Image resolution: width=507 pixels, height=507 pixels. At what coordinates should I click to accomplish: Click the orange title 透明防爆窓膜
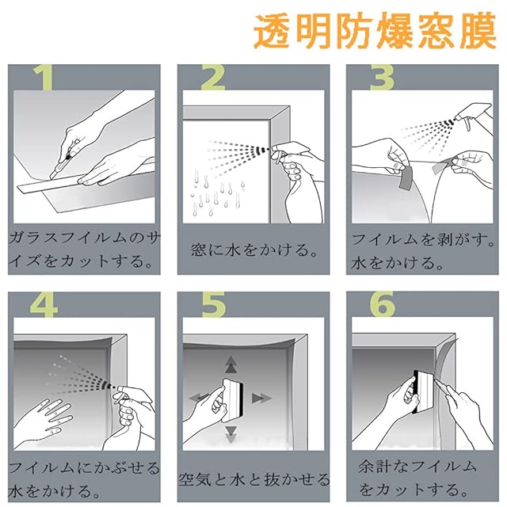(375, 31)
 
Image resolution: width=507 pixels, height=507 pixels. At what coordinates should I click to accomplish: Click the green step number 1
(43, 77)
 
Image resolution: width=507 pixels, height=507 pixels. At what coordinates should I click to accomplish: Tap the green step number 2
(212, 77)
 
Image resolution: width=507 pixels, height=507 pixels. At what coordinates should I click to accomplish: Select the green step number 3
(382, 77)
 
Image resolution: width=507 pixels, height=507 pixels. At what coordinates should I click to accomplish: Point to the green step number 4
(44, 304)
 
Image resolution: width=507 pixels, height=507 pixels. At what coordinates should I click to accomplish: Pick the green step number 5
(214, 304)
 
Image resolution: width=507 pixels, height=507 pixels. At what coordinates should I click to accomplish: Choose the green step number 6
(383, 304)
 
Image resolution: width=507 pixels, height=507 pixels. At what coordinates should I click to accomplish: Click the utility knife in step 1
(63, 160)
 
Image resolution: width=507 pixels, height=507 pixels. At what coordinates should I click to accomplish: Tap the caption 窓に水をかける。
(253, 250)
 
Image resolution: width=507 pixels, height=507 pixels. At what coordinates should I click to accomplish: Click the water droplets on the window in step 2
(217, 194)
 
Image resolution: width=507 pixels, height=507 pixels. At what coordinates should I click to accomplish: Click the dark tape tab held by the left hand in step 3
(406, 177)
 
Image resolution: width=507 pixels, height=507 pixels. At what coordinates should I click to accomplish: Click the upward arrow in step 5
(231, 364)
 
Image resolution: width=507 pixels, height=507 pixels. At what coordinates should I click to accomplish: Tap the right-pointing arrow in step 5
(261, 398)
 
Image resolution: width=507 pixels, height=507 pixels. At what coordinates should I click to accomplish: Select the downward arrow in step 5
(231, 434)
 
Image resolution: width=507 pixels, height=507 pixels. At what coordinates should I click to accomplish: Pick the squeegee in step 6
(421, 392)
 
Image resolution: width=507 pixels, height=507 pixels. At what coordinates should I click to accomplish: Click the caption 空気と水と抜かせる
(253, 479)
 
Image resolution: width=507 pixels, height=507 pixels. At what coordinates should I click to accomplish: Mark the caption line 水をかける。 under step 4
(53, 491)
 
